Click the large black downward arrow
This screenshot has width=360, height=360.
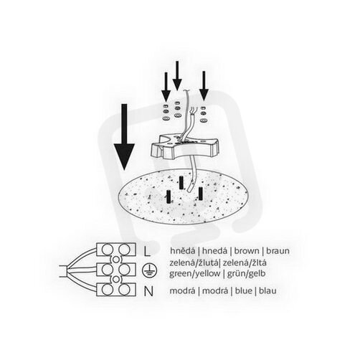pos(124,137)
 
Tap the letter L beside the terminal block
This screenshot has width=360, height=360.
pos(147,251)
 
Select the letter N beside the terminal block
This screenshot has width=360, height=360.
pos(148,291)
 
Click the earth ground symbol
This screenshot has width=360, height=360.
pos(149,270)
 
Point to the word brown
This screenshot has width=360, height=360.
pos(247,251)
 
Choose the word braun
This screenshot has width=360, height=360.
pos(278,251)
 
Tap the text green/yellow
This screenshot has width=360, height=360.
pos(195,273)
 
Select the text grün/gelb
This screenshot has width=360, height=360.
pos(246,273)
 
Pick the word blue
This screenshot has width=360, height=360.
pos(244,290)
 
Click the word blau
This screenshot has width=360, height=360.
pos(267,290)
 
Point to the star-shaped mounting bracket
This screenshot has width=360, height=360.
pos(184,146)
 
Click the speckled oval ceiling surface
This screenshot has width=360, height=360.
pos(184,197)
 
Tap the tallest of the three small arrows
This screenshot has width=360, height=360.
pos(177,75)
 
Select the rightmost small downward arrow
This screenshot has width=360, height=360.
pos(204,86)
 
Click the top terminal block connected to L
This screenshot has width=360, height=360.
pos(116,250)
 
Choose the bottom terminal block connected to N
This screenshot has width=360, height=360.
pos(116,290)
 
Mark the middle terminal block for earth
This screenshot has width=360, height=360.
pos(116,270)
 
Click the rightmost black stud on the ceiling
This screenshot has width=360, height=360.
pos(201,194)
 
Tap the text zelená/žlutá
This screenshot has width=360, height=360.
pos(194,262)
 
